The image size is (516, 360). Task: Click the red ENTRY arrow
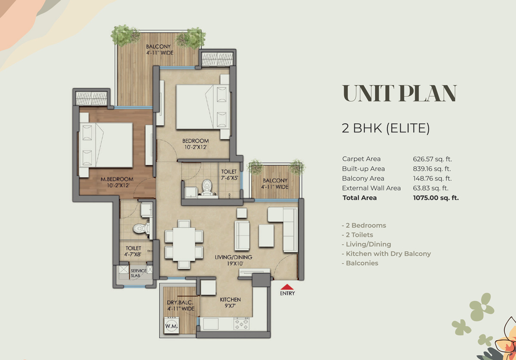[x=287, y=287]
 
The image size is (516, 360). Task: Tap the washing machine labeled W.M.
[x=171, y=326]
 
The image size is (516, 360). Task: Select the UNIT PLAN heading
[x=399, y=94]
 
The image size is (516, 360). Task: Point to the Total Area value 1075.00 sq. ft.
[x=436, y=198]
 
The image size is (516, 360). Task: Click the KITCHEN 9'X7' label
[x=230, y=302]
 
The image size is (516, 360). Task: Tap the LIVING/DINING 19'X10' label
[x=233, y=261]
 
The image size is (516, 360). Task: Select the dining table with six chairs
[x=184, y=244]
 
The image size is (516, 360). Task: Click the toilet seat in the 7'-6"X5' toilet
[x=207, y=187]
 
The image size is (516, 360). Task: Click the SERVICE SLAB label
[x=138, y=273]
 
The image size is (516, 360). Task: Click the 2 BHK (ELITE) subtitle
[x=386, y=128]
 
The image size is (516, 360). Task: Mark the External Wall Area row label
[x=371, y=188]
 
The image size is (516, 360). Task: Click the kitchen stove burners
[x=241, y=324]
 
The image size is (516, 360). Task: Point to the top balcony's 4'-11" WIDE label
[x=158, y=54]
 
